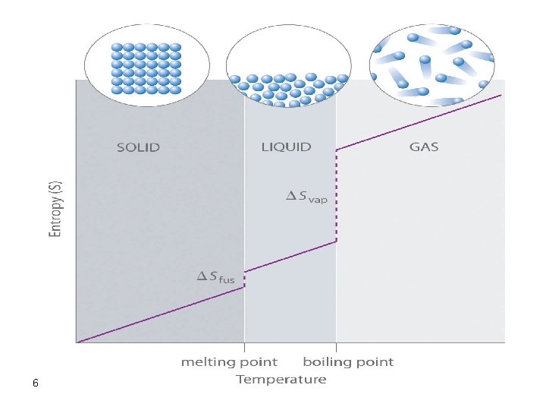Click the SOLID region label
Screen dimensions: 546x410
[138, 147]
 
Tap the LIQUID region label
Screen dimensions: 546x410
[286, 147]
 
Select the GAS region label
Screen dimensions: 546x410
[424, 147]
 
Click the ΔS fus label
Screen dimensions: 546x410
[216, 278]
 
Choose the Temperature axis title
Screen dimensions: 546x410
[281, 379]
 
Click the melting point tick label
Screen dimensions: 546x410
[229, 362]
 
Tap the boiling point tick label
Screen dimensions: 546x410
[348, 362]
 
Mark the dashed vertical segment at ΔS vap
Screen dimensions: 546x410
[337, 196]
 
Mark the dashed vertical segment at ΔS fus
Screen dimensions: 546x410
[244, 279]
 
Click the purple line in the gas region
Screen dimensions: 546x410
[421, 121]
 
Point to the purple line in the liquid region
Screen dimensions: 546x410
[290, 256]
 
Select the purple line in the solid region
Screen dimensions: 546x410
[159, 314]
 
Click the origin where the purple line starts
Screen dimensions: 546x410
[78, 342]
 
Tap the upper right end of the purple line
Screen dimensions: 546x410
[501, 95]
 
